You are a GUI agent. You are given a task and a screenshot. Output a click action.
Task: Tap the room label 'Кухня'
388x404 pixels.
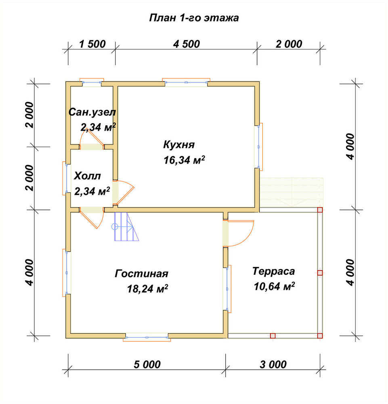(x=179, y=145)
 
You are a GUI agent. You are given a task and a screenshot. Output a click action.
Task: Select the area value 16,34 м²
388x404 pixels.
(x=185, y=160)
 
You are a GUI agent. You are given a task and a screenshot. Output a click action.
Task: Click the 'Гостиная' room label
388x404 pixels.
(x=141, y=274)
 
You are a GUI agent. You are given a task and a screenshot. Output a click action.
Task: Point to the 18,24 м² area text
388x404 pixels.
(x=147, y=289)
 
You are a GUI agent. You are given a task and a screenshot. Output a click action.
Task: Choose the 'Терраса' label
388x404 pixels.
(x=273, y=271)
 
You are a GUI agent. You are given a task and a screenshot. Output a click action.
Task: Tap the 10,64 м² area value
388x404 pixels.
(x=274, y=286)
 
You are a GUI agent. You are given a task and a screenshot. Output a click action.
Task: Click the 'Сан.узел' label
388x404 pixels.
(x=92, y=112)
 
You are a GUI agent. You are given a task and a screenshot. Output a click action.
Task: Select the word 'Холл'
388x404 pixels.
(x=87, y=176)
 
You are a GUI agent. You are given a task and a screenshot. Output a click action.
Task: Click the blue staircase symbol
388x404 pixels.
(x=126, y=227)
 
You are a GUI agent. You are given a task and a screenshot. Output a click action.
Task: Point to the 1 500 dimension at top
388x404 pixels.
(x=92, y=44)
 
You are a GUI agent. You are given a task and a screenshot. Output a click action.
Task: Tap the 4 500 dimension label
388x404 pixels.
(x=187, y=44)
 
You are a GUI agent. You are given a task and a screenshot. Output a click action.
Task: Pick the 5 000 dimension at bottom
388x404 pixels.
(x=147, y=364)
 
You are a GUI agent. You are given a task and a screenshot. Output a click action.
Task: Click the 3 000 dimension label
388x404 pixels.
(x=273, y=364)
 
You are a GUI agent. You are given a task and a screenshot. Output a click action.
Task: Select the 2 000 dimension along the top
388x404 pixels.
(x=289, y=44)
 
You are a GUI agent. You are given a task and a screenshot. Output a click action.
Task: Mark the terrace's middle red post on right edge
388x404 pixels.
(x=320, y=273)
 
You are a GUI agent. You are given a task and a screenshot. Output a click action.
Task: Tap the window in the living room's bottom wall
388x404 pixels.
(x=147, y=337)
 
